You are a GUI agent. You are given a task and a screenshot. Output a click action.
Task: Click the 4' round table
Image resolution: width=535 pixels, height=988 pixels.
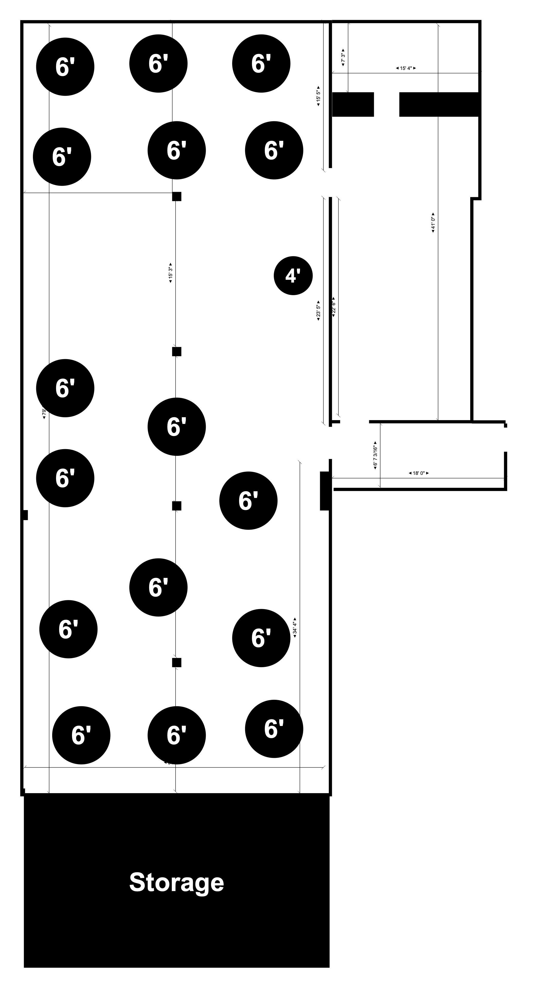[293, 275]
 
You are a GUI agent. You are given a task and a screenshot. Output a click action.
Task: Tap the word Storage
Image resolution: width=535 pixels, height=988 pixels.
[176, 882]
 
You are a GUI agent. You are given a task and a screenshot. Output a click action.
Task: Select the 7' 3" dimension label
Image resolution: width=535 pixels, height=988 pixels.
[343, 58]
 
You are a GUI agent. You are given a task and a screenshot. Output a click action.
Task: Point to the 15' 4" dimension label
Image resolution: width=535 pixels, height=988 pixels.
[405, 68]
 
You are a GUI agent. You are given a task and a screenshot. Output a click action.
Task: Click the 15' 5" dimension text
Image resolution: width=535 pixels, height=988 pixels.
[318, 95]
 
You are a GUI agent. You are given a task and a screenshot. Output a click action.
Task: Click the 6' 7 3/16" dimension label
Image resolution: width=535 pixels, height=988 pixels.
[375, 455]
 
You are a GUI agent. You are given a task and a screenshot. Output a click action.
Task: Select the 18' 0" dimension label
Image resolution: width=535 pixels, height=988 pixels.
[419, 473]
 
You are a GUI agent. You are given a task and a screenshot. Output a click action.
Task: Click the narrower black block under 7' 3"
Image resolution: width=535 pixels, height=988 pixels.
[352, 104]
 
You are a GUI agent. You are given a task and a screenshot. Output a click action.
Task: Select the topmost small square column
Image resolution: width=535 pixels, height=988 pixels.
[176, 196]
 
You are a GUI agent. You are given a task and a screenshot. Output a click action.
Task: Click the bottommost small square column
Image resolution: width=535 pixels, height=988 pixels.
[176, 662]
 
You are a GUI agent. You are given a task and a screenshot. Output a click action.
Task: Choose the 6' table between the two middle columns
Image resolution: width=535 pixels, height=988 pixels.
[176, 427]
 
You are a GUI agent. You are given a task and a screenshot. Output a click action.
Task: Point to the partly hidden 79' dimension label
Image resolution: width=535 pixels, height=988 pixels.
[44, 413]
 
